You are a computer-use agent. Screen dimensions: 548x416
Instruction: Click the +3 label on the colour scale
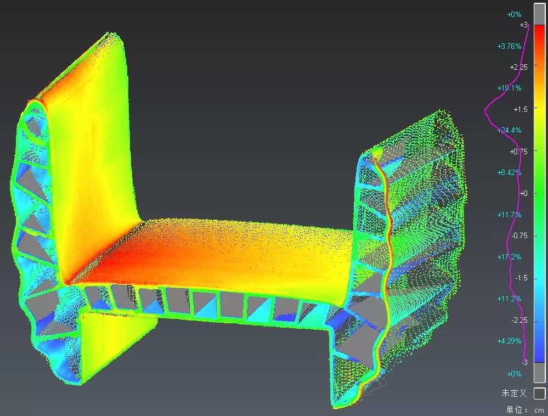(523, 25)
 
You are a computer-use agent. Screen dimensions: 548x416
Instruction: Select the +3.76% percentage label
(509, 46)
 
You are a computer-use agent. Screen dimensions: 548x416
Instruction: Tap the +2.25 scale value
(518, 67)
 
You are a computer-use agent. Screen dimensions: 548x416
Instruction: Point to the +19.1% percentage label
(509, 88)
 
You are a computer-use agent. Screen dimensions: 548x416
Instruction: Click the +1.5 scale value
(521, 109)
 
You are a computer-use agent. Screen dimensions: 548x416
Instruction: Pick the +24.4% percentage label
(509, 131)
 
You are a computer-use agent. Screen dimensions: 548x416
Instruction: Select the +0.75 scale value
(518, 151)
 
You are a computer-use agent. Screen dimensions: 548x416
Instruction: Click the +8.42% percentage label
(509, 172)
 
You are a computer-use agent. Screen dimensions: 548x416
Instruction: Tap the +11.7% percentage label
(509, 215)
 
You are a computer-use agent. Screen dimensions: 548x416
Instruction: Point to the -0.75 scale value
(519, 235)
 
